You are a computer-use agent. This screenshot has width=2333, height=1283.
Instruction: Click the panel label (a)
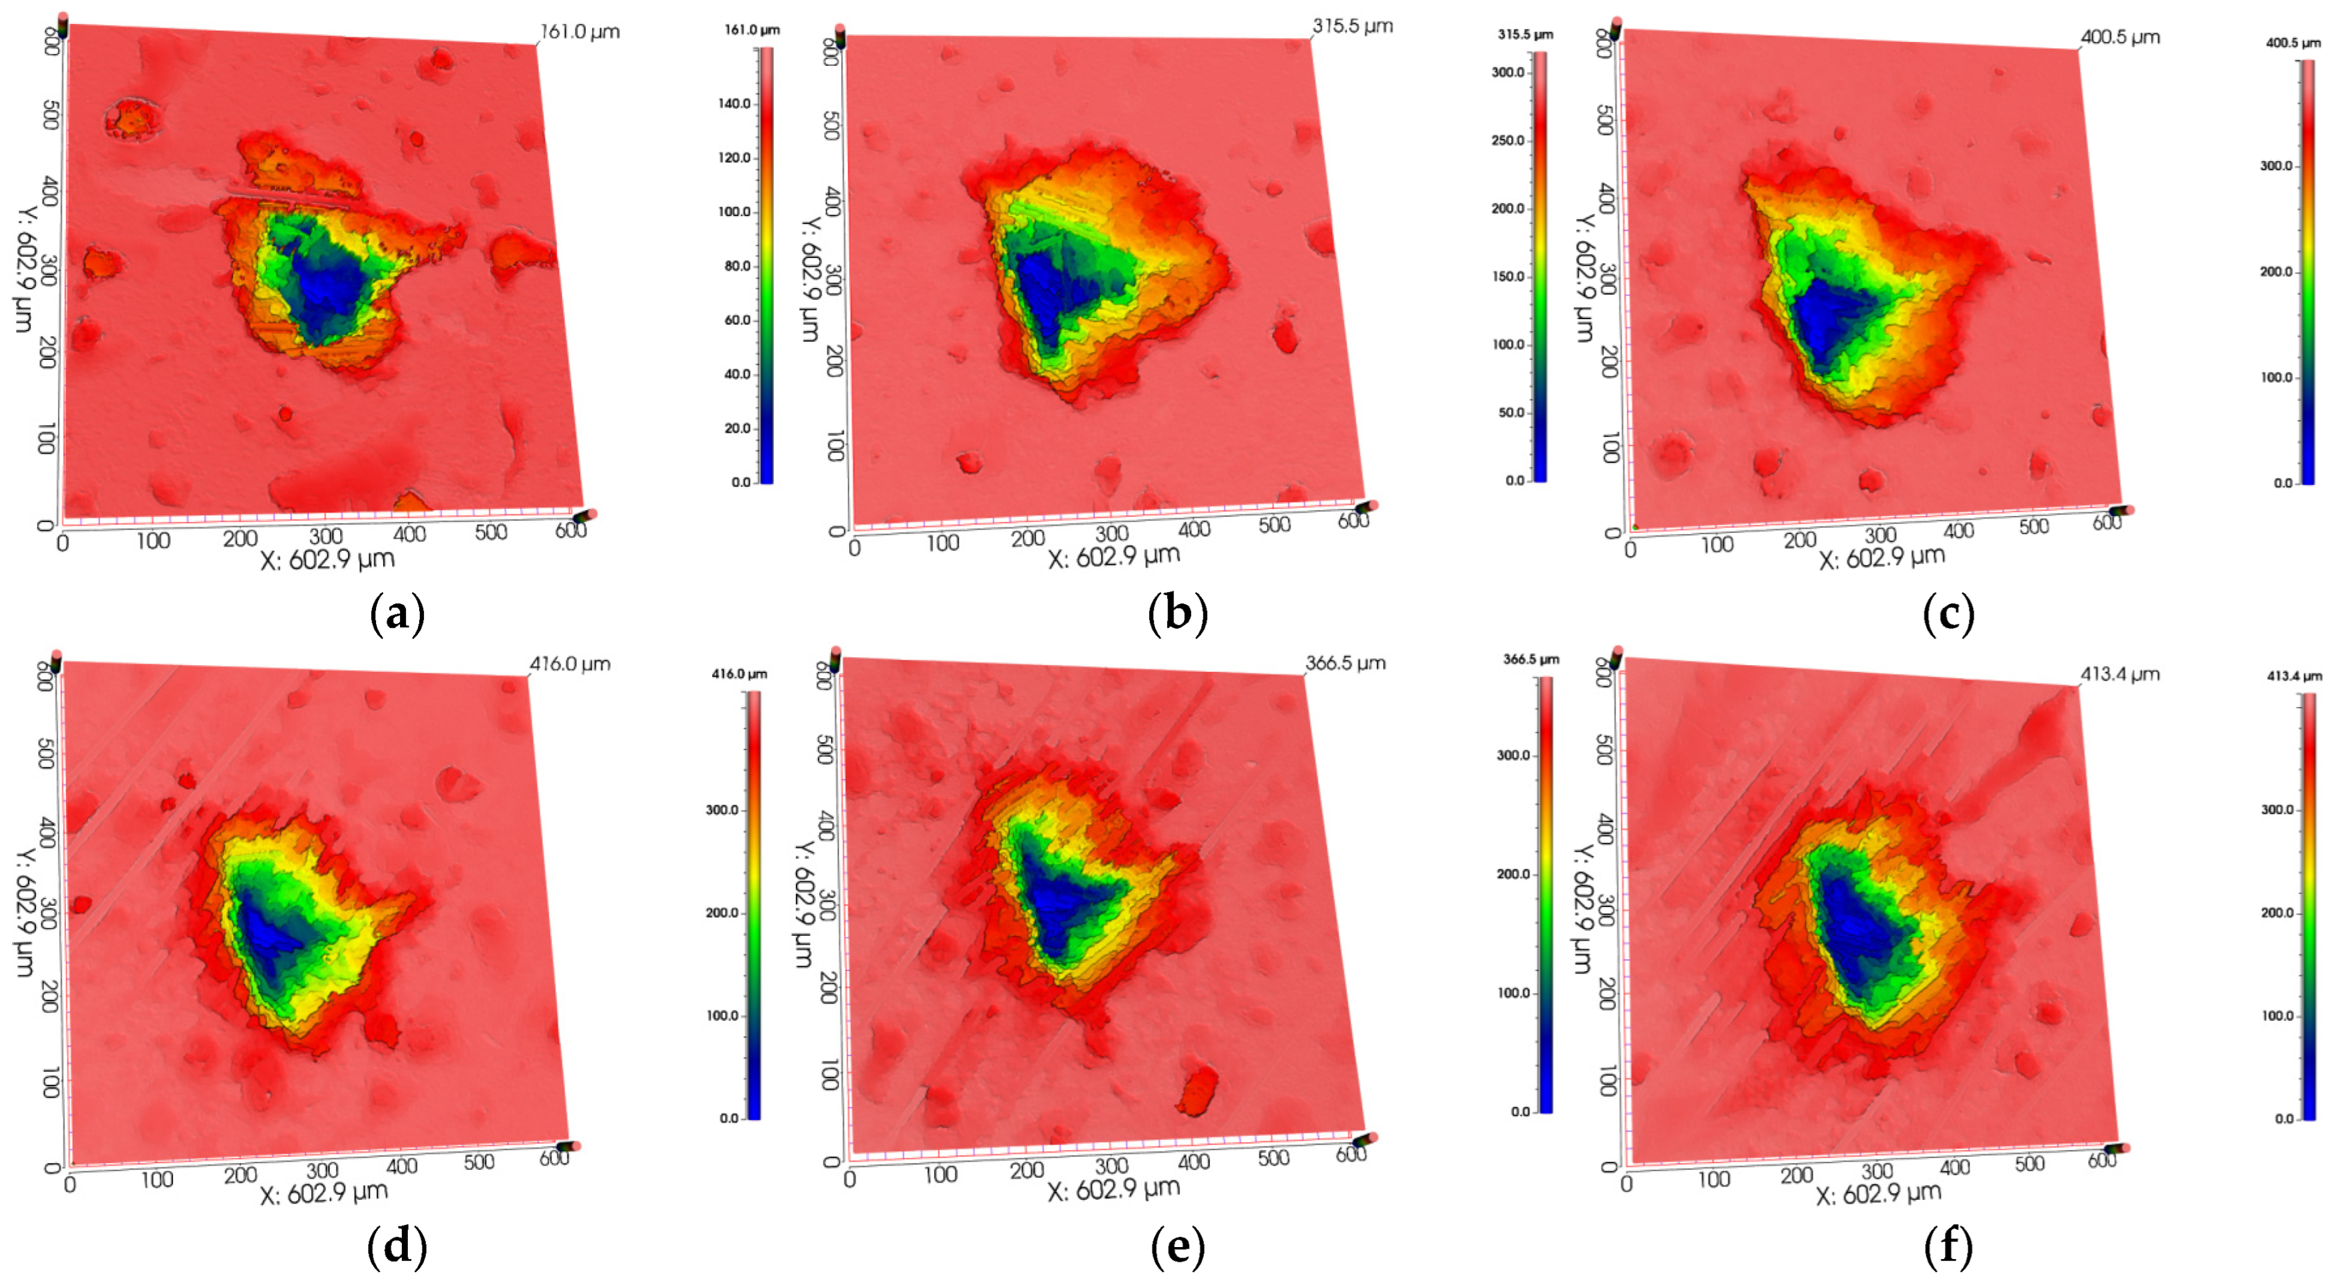pyautogui.click(x=397, y=616)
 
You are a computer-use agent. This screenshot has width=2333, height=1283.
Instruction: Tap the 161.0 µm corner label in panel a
pyautogui.click(x=580, y=32)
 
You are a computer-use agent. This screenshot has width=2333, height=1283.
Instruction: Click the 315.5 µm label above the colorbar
pyautogui.click(x=1525, y=35)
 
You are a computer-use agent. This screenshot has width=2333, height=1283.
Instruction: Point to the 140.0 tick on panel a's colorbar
pyautogui.click(x=735, y=103)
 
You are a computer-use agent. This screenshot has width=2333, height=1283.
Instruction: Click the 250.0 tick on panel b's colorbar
pyautogui.click(x=1508, y=140)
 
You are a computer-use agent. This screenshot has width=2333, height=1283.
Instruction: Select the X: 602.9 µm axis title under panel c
pyautogui.click(x=1882, y=557)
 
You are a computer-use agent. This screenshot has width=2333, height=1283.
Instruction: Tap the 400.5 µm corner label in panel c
pyautogui.click(x=2120, y=37)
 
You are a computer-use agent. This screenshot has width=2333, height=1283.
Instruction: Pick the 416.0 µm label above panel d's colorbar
pyautogui.click(x=739, y=674)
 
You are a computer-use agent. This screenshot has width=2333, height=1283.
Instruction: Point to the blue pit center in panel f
pyautogui.click(x=1852, y=928)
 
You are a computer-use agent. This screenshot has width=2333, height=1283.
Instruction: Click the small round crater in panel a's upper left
pyautogui.click(x=134, y=118)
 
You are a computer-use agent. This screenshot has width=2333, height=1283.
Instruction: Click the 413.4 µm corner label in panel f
pyautogui.click(x=2119, y=674)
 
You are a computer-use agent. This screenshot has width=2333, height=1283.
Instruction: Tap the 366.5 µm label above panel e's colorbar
pyautogui.click(x=1530, y=659)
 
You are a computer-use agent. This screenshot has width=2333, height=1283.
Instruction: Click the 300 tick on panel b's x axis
pyautogui.click(x=1111, y=533)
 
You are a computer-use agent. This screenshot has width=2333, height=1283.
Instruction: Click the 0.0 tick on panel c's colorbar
pyautogui.click(x=2282, y=483)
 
